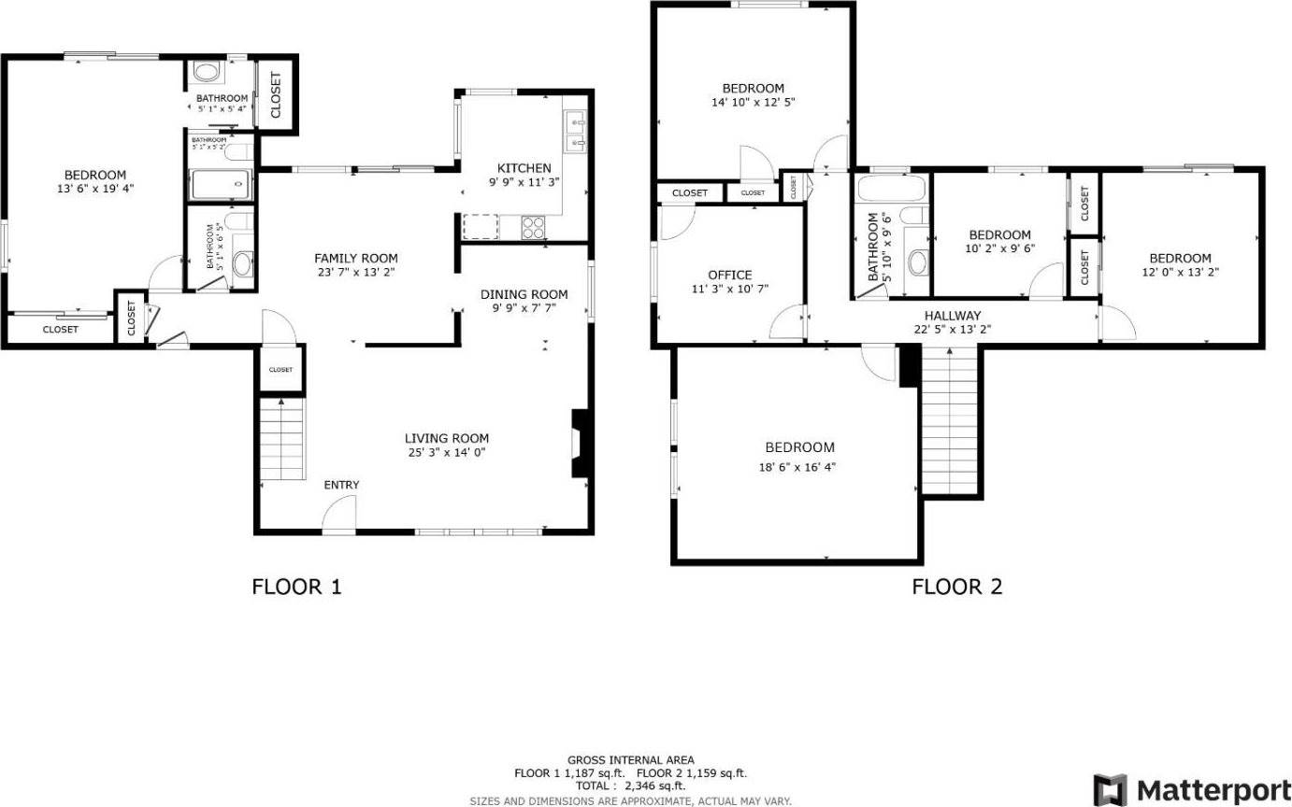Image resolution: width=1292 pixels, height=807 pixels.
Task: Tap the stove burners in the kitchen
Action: [533, 225]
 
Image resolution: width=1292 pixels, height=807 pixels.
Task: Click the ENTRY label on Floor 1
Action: [341, 485]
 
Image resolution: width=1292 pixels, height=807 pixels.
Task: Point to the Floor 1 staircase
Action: [280, 438]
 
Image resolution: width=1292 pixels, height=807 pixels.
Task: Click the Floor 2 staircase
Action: [950, 420]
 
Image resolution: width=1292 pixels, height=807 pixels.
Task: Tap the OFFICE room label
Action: [729, 275]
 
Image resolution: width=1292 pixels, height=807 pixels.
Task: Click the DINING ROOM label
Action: [524, 294]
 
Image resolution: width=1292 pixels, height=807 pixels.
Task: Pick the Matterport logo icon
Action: [1110, 788]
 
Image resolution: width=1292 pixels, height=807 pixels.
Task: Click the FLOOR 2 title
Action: [956, 587]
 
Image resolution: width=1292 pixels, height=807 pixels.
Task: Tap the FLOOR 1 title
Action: [296, 587]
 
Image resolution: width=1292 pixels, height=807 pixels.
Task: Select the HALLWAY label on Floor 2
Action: [953, 316]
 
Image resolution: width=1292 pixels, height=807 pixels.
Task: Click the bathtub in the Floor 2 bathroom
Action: [891, 190]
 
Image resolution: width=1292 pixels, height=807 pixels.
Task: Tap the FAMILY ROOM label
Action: [355, 259]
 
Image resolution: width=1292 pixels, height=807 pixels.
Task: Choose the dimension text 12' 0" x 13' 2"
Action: [1179, 273]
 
